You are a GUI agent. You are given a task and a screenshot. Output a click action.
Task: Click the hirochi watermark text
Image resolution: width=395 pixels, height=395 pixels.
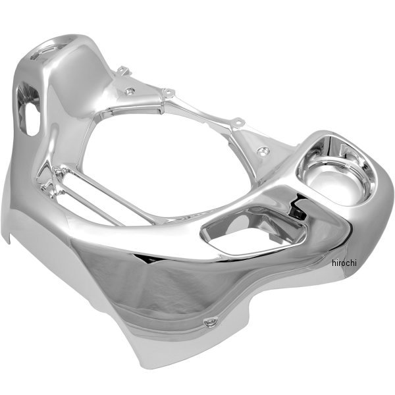[x=344, y=263]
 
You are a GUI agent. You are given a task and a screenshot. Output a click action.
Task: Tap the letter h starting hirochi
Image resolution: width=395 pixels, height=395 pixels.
[x=334, y=263]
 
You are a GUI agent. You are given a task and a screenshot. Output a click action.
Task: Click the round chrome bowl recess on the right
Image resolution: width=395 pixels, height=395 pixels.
[x=336, y=176]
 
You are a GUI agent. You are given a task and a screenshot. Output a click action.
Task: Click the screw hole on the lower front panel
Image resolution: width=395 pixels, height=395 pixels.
[x=211, y=322]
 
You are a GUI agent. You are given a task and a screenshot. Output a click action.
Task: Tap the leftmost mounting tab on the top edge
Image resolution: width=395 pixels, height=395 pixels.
[x=124, y=70]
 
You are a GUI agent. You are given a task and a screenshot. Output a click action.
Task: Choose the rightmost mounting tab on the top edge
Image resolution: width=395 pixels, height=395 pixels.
[x=238, y=122]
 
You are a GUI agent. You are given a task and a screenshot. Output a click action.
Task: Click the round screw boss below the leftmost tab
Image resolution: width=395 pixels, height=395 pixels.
[x=130, y=91]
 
